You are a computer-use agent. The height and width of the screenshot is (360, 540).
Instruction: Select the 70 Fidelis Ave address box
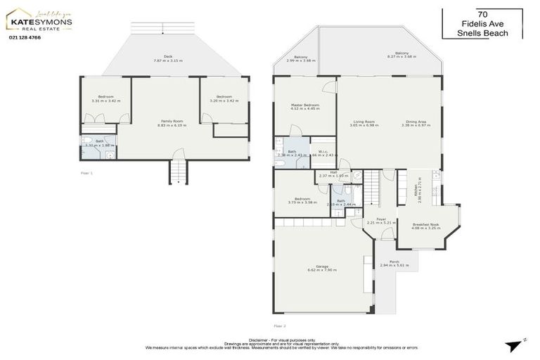[x=482, y=23]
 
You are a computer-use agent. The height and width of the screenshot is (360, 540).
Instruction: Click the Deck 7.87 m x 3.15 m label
[x=167, y=59]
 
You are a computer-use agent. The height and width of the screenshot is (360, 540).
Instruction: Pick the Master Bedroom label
[x=305, y=107]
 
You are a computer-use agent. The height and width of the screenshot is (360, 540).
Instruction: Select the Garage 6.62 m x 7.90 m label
[x=322, y=268]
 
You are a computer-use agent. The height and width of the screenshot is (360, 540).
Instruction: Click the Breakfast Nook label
[x=426, y=226]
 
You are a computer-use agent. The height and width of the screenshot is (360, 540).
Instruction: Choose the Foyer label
[x=381, y=221]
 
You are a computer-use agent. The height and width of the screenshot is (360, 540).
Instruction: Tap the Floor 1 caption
[x=86, y=172]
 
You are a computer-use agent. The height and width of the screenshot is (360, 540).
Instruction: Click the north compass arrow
[x=514, y=344]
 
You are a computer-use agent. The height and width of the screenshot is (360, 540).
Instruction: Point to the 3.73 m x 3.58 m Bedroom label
[x=302, y=200]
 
